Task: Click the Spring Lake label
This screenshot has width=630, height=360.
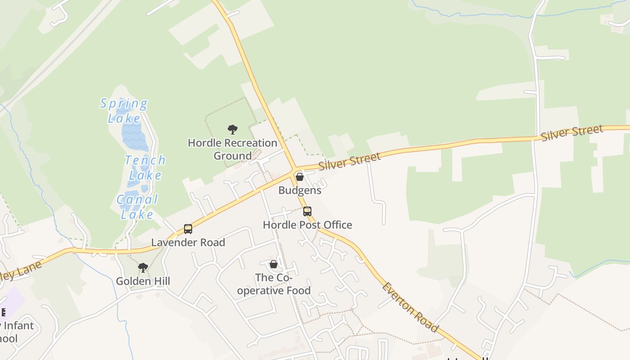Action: point(123,111)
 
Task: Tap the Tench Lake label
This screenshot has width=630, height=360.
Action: point(145,167)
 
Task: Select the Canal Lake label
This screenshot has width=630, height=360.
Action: point(137,207)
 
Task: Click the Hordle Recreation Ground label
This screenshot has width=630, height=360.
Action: point(232,149)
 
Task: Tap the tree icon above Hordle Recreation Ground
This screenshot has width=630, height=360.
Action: point(232,130)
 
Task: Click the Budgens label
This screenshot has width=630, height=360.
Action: point(300,190)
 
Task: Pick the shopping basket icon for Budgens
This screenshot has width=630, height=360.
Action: point(300,177)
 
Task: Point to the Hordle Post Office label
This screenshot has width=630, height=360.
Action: point(307,225)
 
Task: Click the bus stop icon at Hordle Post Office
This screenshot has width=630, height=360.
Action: point(307,211)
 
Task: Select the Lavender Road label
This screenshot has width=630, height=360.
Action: point(188,243)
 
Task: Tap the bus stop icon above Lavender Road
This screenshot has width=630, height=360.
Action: point(188,229)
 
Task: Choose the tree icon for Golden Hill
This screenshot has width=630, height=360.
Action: point(143,268)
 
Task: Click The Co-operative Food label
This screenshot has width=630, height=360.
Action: point(274,284)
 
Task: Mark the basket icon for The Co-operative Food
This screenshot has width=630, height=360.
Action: point(273,264)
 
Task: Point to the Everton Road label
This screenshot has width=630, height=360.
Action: point(410,307)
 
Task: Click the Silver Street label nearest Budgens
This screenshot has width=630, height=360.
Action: point(350,162)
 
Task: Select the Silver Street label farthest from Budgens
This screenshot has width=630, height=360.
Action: point(572,133)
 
